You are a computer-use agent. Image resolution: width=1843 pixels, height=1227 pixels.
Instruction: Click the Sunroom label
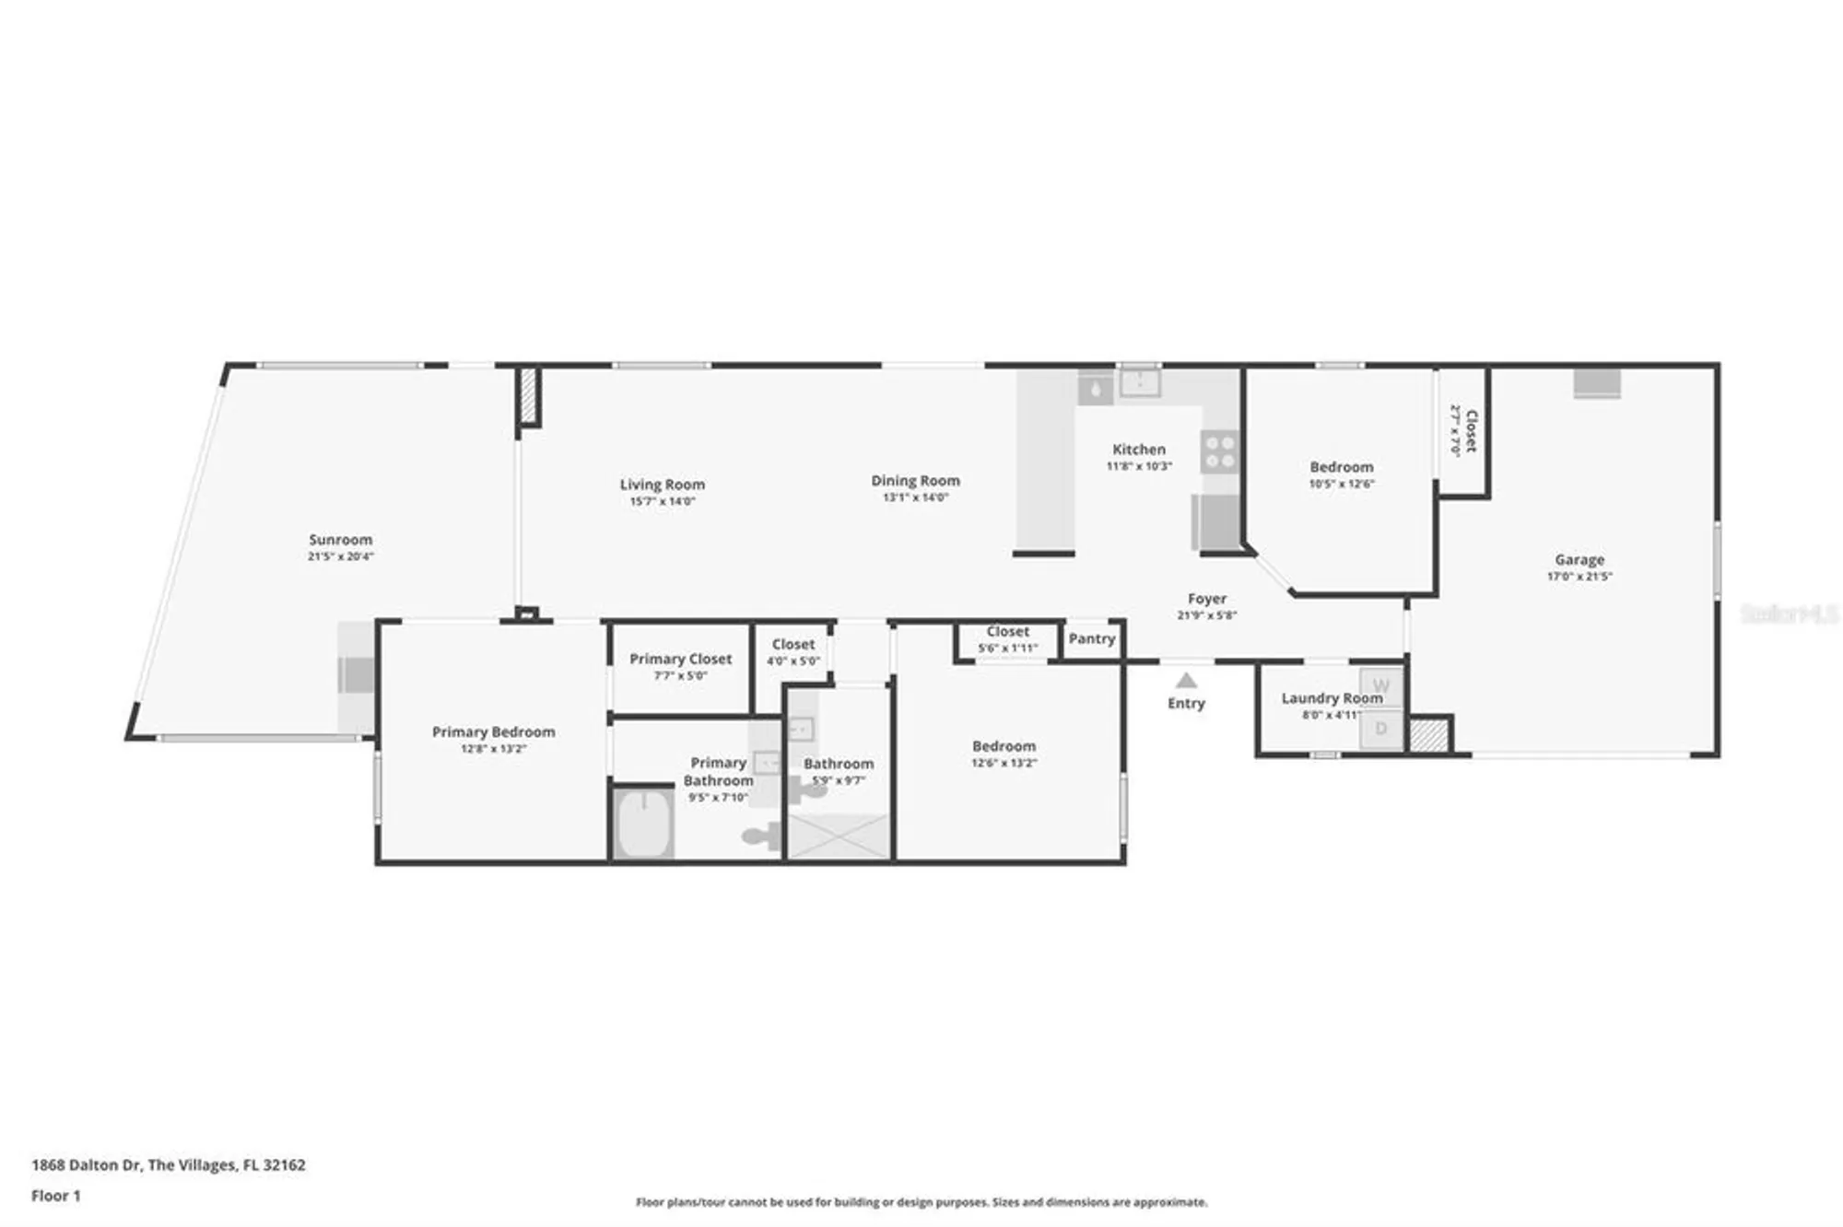click(340, 540)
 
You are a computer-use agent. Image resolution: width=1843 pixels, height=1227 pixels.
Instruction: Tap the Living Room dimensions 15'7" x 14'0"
click(662, 502)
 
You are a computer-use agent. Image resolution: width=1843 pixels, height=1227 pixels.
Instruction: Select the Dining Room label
click(915, 480)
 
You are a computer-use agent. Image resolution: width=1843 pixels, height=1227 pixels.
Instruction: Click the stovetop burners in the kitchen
click(1219, 451)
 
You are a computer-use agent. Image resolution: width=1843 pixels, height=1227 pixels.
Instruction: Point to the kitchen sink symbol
click(1140, 381)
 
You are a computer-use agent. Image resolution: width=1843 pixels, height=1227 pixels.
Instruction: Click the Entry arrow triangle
click(1186, 681)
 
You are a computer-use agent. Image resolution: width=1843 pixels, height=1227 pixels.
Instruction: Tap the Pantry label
click(1091, 638)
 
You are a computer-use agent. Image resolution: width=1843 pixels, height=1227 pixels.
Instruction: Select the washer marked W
click(1380, 686)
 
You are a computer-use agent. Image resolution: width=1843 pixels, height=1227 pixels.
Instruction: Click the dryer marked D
click(1380, 730)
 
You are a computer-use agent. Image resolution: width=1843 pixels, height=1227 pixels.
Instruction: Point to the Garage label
click(1579, 559)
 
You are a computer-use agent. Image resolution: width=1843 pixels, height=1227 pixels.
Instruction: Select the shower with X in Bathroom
click(838, 836)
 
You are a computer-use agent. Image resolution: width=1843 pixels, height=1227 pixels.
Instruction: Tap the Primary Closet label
click(680, 659)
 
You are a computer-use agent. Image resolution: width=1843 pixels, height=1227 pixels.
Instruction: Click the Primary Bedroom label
click(493, 731)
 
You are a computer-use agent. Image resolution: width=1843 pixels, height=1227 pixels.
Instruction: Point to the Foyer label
click(1206, 599)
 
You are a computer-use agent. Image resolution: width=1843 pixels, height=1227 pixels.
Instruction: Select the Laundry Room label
click(1331, 698)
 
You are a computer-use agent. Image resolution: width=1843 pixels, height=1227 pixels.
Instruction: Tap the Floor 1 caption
click(55, 1196)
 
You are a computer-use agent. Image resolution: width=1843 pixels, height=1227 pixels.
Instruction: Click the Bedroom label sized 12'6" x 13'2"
click(1004, 746)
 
